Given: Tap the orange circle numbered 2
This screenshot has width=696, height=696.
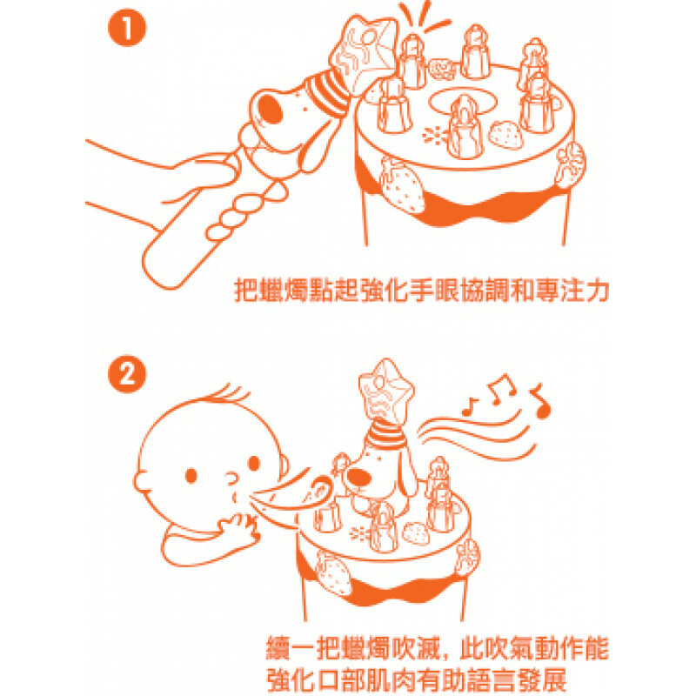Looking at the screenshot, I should point(127,376).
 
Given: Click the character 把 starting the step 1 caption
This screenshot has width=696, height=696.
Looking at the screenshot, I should point(246,290).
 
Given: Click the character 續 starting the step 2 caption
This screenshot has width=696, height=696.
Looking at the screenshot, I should point(278,649).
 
